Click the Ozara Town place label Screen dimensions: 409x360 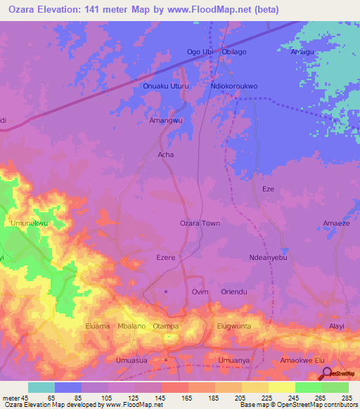pyautogui.click(x=200, y=223)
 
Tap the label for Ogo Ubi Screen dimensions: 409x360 pyautogui.click(x=199, y=52)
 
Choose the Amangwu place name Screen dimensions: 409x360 pyautogui.click(x=166, y=120)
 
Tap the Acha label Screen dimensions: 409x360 pyautogui.click(x=166, y=155)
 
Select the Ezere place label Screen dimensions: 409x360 pyautogui.click(x=165, y=258)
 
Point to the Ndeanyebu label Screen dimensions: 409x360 pyautogui.click(x=269, y=258)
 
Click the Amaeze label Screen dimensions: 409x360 pyautogui.click(x=336, y=223)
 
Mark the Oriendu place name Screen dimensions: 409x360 pyautogui.click(x=234, y=292)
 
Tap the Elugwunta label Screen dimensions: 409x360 pyautogui.click(x=234, y=326)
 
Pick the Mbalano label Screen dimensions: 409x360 pyautogui.click(x=131, y=326)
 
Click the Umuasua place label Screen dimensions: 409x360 pyautogui.click(x=131, y=361)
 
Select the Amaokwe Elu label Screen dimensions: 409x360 pyautogui.click(x=302, y=361)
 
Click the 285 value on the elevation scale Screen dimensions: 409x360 pyautogui.click(x=345, y=398)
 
